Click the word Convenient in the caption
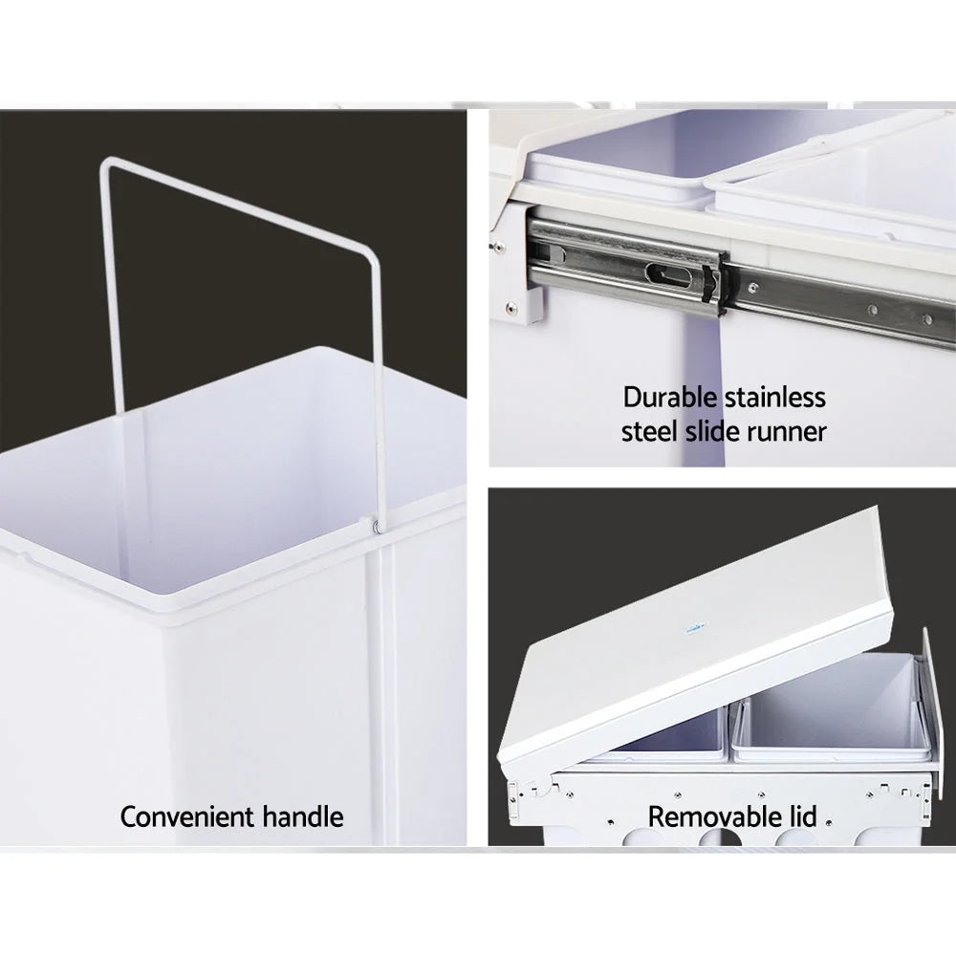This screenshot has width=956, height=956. pos(187,817)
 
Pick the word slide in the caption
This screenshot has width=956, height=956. pos(714,431)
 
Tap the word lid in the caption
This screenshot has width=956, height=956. pos(802,817)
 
